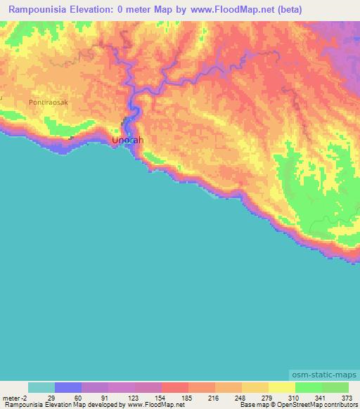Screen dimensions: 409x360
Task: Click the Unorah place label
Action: click(x=127, y=141)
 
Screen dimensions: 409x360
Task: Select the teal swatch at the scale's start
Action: click(x=41, y=387)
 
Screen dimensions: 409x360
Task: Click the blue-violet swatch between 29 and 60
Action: click(x=67, y=387)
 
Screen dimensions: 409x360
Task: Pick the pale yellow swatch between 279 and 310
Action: click(x=281, y=387)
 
